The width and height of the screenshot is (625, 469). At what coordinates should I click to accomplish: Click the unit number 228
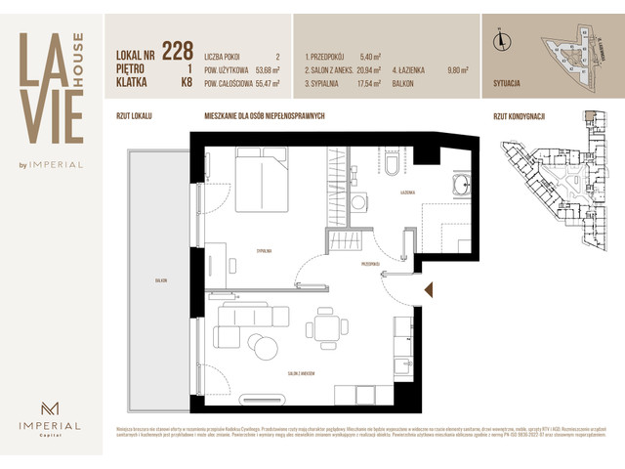tap(177, 51)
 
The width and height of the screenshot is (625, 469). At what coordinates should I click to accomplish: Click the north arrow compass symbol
tap(501, 40)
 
